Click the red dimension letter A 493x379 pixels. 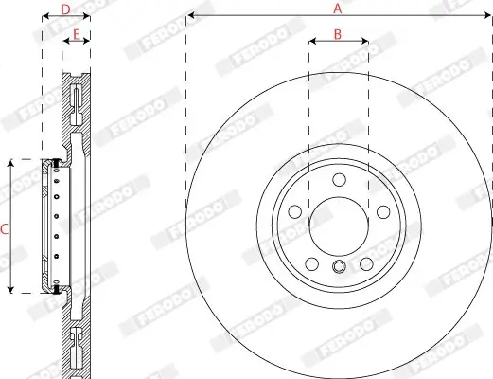point(337,8)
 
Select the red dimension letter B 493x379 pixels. point(338,34)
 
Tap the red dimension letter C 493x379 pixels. point(5,227)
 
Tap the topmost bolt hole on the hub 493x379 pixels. point(338,181)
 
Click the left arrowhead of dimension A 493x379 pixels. point(190,16)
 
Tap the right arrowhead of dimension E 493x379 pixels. point(88,43)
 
